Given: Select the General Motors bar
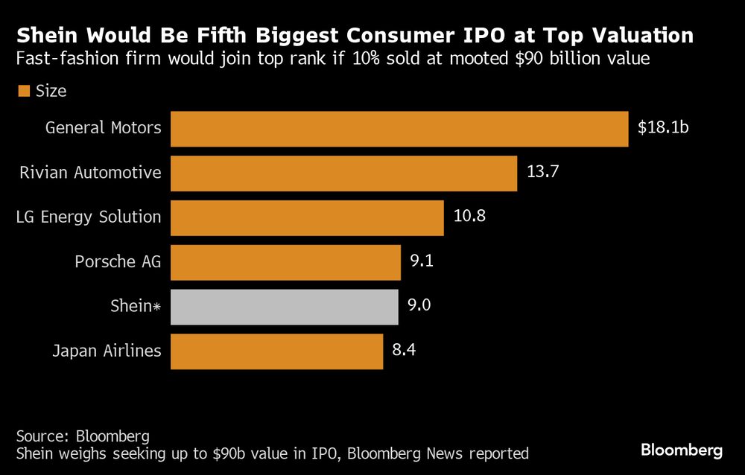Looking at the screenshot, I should point(399,129).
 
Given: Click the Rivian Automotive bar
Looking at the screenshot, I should point(343,173).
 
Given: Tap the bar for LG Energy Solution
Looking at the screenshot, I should point(307,217).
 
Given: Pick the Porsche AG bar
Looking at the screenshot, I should point(285,262).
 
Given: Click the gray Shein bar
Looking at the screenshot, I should point(284,307).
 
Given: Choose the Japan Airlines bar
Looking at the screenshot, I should point(276,351).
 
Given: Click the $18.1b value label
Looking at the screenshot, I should point(663,128).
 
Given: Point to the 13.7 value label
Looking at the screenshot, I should point(542,173).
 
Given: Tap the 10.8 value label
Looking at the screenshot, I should point(469,217).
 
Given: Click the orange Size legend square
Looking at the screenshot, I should point(24,91).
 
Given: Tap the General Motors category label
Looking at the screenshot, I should point(103,128).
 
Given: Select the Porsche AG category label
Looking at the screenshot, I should point(118,262).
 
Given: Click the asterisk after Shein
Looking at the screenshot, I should point(156,306).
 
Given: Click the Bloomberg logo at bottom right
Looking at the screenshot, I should point(682,450).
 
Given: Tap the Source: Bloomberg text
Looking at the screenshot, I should point(83,436).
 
